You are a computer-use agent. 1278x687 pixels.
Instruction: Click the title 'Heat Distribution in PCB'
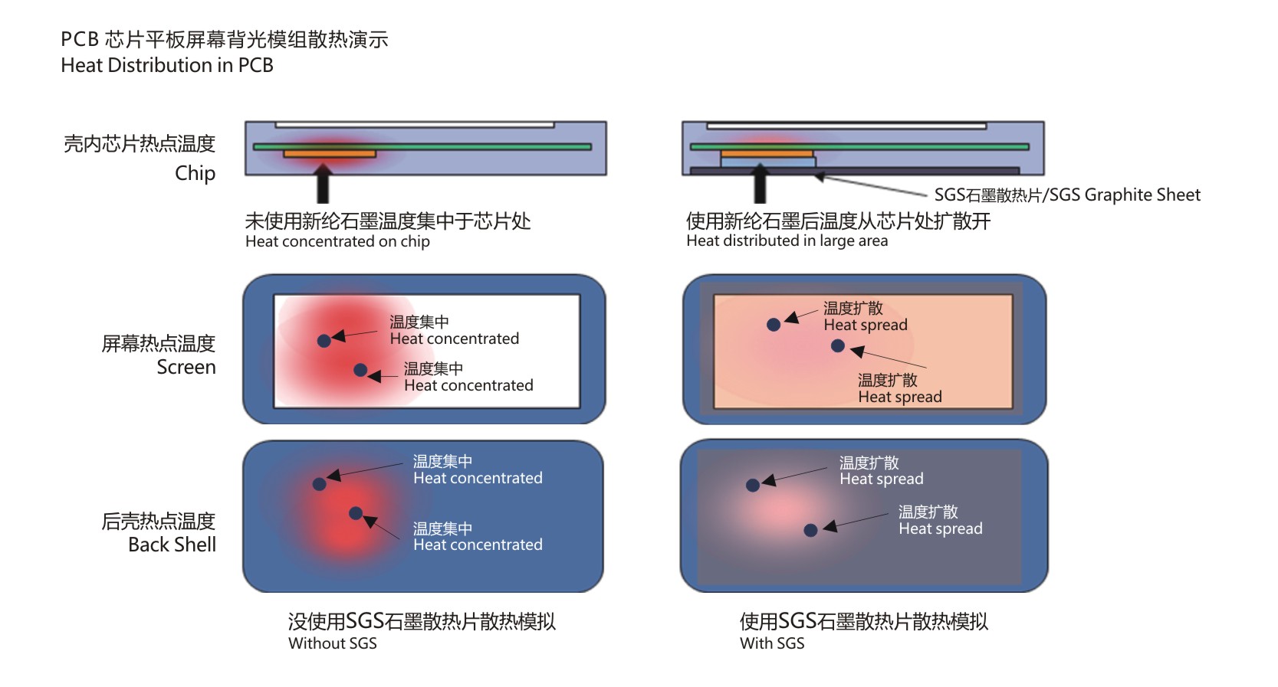click(167, 66)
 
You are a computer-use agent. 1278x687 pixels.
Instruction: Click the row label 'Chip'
click(195, 173)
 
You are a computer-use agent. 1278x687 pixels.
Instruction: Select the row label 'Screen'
click(186, 368)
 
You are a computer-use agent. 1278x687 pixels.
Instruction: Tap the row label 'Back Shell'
click(172, 545)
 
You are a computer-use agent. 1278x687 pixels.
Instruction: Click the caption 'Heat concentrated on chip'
click(337, 241)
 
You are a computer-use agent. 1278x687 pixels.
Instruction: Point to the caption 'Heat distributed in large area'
click(787, 240)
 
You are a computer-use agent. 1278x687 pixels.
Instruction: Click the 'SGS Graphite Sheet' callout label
click(1066, 195)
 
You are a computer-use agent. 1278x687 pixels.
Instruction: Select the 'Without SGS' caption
click(333, 643)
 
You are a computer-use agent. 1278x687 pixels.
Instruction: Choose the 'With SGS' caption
click(772, 643)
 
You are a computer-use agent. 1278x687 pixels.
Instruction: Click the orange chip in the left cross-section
click(330, 155)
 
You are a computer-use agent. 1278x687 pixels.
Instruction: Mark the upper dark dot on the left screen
click(324, 340)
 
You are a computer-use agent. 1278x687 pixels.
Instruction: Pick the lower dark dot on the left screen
click(360, 370)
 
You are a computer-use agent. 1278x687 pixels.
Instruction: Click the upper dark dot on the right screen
click(774, 325)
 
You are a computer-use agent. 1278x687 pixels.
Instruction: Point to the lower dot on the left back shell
click(356, 513)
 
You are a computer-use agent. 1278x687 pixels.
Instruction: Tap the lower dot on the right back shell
click(810, 530)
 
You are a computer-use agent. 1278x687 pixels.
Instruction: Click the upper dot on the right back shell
click(753, 485)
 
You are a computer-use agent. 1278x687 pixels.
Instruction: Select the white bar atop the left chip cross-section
click(415, 125)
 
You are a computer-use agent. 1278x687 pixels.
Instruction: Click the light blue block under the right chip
click(767, 162)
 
